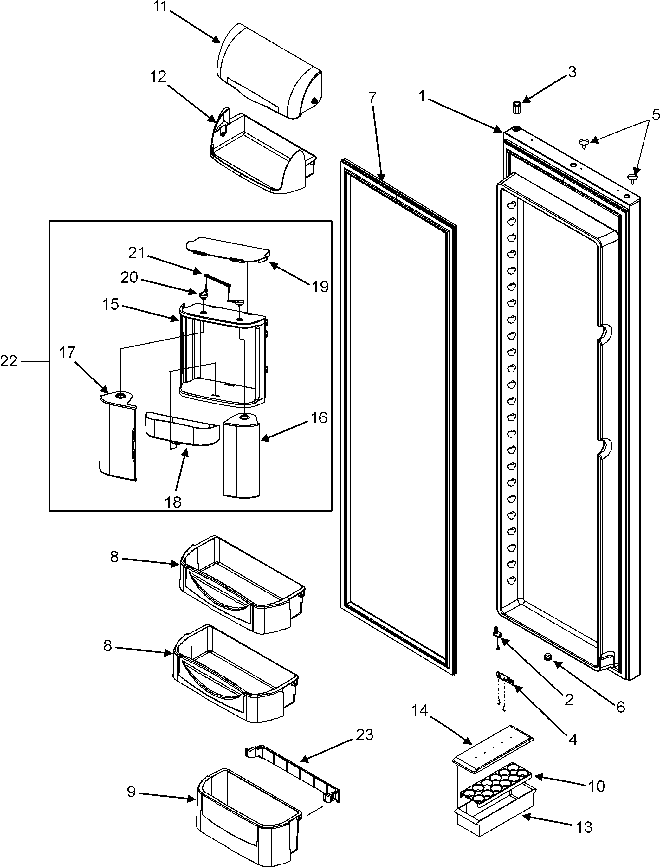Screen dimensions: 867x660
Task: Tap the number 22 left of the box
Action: (x=9, y=361)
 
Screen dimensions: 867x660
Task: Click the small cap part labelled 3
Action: (x=517, y=107)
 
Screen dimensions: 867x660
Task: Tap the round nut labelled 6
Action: (x=547, y=657)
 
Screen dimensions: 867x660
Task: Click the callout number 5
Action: (x=655, y=115)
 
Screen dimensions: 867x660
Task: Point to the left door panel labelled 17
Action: (x=117, y=436)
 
